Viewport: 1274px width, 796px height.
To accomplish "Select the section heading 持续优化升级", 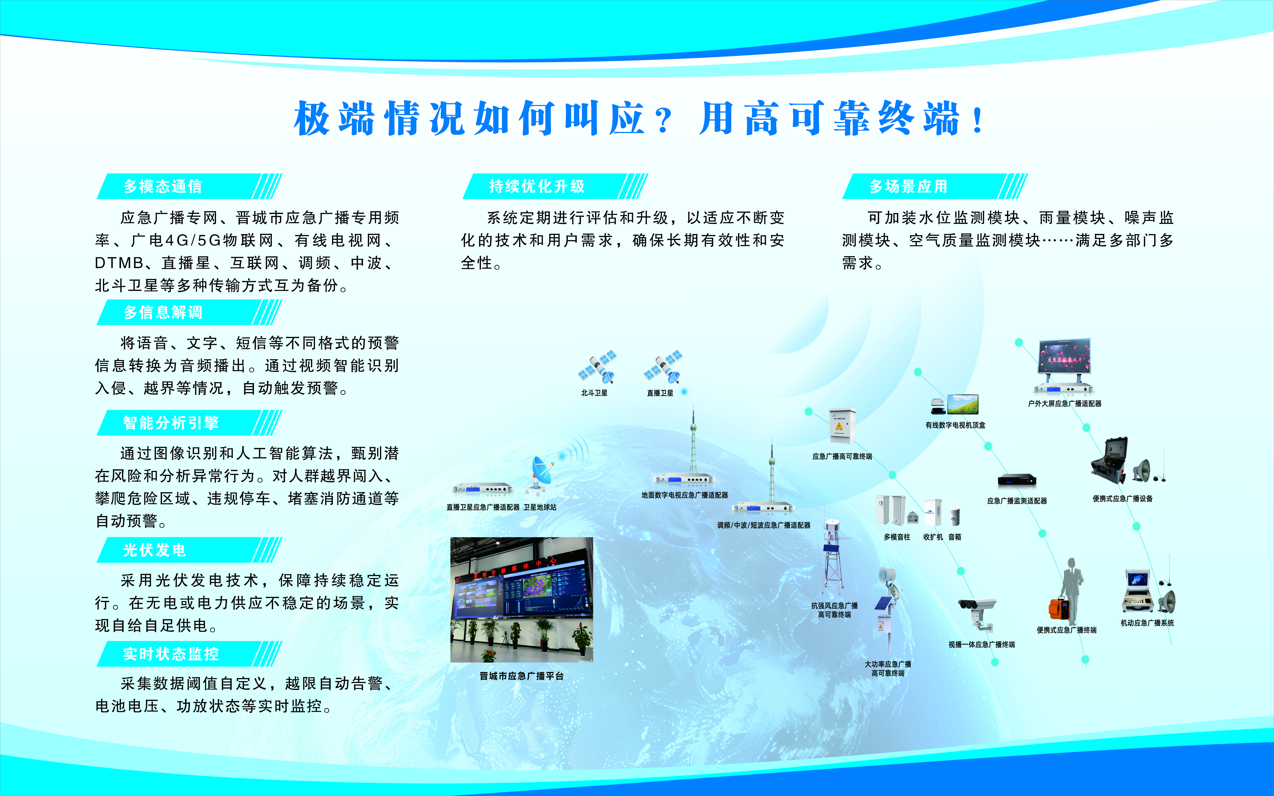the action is coord(537,186).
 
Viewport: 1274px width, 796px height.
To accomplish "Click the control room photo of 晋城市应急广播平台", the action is coord(521,600).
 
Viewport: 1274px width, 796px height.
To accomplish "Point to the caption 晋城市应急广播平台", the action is coord(521,676).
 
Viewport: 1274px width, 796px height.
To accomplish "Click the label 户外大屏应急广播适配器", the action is coord(1064,403).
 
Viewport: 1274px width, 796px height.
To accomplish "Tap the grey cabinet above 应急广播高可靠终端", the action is coord(839,425).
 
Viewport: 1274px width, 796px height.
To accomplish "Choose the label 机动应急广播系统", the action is coord(1147,623).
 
